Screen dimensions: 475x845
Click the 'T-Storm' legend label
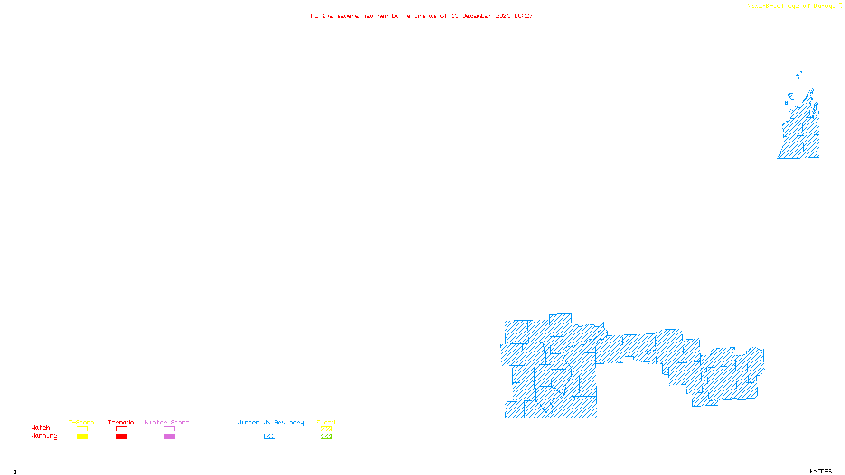point(81,422)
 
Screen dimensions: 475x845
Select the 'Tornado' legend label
point(121,422)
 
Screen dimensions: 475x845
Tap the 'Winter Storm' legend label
point(167,422)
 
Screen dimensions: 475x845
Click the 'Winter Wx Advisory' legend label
point(270,422)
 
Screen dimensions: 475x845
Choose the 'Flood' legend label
point(326,422)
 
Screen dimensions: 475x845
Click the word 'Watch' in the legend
point(41,427)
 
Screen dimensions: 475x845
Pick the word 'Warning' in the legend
point(44,436)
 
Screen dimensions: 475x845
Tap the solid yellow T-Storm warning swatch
point(82,436)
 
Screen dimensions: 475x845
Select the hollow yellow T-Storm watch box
point(82,429)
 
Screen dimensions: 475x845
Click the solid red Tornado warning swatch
point(121,436)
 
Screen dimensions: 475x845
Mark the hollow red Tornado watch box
point(121,429)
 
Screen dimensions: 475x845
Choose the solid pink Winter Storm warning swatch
point(169,436)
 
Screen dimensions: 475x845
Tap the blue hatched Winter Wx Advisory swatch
point(269,436)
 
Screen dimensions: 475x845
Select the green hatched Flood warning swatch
point(326,436)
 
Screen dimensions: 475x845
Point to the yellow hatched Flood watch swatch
point(326,429)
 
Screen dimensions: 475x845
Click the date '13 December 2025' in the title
point(481,16)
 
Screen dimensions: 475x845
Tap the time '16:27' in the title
point(523,16)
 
